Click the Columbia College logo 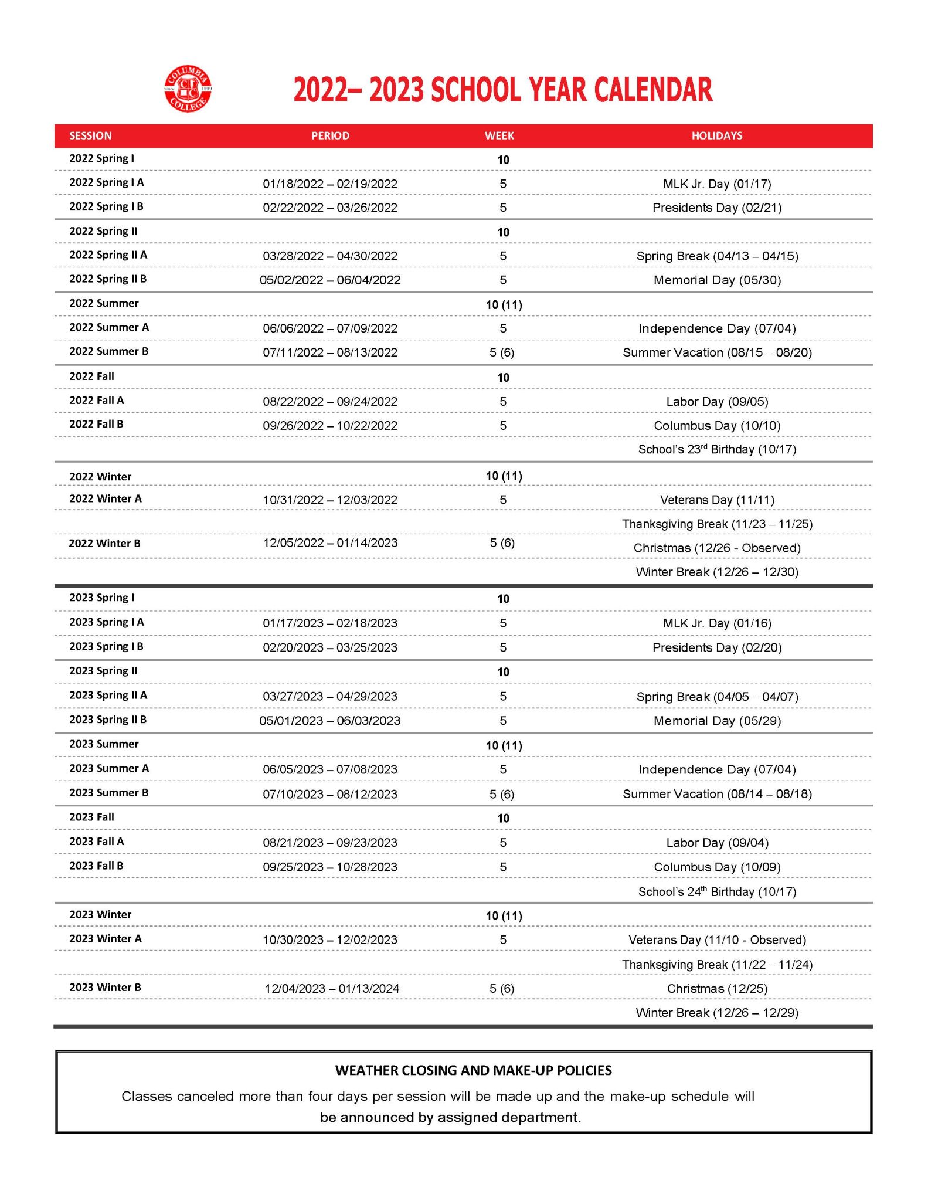188,90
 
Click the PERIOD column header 330,135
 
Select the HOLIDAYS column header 716,135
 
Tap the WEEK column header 499,135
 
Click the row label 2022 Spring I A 106,182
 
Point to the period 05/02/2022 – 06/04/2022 330,280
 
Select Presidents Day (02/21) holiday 716,208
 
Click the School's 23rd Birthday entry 716,450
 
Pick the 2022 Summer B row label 108,351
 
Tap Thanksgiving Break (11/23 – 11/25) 716,524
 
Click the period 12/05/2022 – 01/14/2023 330,543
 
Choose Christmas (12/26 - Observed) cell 716,548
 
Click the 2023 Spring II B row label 108,720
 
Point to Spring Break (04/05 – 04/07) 716,697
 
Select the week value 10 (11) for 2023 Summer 504,745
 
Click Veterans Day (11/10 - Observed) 716,940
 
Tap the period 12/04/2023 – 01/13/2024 332,989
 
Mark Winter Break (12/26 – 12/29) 716,1013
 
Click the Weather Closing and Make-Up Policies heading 473,1070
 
